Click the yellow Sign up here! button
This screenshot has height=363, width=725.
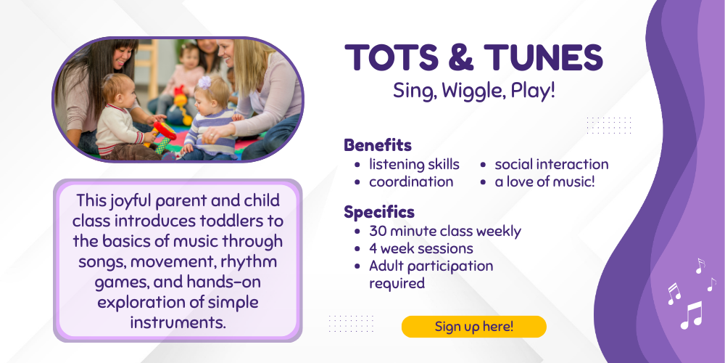(474, 327)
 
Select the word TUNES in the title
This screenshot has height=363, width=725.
(543, 57)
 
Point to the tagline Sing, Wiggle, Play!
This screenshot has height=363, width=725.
(474, 91)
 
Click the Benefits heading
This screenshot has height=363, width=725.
(378, 145)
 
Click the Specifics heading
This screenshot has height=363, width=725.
(379, 212)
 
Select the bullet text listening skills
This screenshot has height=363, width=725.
(414, 164)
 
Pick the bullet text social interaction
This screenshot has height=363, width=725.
(552, 164)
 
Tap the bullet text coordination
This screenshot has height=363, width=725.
(411, 181)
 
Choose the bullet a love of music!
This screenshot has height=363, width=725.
(544, 181)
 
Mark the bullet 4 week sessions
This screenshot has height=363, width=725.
(420, 248)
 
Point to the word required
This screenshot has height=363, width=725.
(397, 283)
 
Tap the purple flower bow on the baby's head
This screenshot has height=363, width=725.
(204, 83)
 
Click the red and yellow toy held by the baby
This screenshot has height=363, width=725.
(162, 134)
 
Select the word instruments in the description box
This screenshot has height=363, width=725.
(178, 322)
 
